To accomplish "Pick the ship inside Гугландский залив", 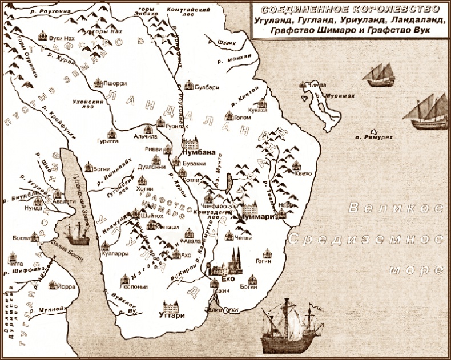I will tap(76, 233).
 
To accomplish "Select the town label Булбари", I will tap(204, 88).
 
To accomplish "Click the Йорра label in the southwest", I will tap(52, 288).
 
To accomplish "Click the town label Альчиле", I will tap(145, 137).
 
